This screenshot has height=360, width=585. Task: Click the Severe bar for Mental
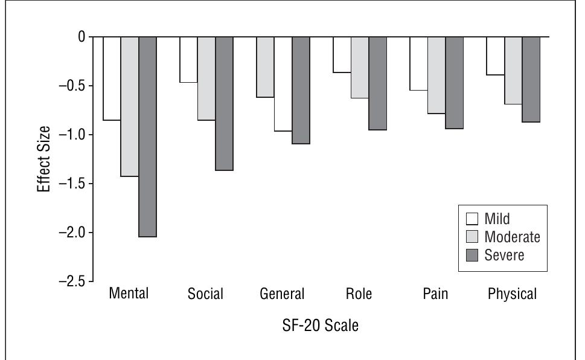[147, 137]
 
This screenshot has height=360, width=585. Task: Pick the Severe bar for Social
[224, 103]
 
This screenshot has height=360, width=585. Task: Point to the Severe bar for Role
[377, 83]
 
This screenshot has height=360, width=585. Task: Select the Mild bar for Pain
[418, 63]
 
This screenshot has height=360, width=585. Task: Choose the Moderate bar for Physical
[513, 70]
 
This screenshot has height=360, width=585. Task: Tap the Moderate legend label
[513, 237]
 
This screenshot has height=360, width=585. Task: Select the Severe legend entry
[496, 255]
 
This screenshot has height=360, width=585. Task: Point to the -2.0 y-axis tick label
[72, 233]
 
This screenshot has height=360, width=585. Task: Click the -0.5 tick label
[72, 86]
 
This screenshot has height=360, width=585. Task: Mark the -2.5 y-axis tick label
[72, 281]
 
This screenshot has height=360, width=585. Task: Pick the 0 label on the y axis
[81, 37]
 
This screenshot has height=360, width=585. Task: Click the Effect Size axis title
[44, 159]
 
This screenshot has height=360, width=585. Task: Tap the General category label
[282, 295]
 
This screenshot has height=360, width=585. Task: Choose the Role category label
[360, 295]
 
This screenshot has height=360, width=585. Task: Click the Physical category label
[513, 295]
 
